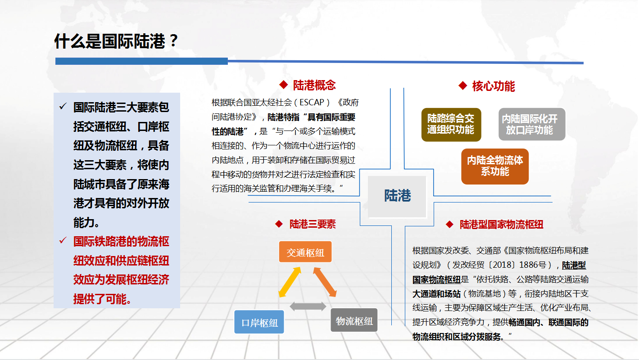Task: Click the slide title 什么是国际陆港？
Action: (x=116, y=41)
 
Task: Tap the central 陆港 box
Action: (x=397, y=196)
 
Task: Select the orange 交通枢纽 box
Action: (x=305, y=252)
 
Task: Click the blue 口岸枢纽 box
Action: (x=259, y=322)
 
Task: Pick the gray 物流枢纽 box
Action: (x=354, y=320)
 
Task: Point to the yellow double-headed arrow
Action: (x=290, y=282)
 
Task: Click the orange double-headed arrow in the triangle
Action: (x=325, y=282)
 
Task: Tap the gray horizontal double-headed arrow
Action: (x=308, y=306)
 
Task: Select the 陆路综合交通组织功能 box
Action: (x=451, y=124)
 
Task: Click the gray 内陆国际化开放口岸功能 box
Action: (x=532, y=124)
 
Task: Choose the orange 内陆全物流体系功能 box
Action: (x=494, y=166)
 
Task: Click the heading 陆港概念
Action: (x=314, y=85)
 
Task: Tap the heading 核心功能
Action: (x=493, y=86)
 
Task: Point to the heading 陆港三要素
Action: (x=313, y=224)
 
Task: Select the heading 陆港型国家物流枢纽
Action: (x=501, y=225)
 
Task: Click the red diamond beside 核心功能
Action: (x=463, y=85)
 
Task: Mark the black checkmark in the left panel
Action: (x=63, y=106)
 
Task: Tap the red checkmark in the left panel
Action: (x=63, y=240)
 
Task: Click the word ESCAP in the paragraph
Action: (x=312, y=102)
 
